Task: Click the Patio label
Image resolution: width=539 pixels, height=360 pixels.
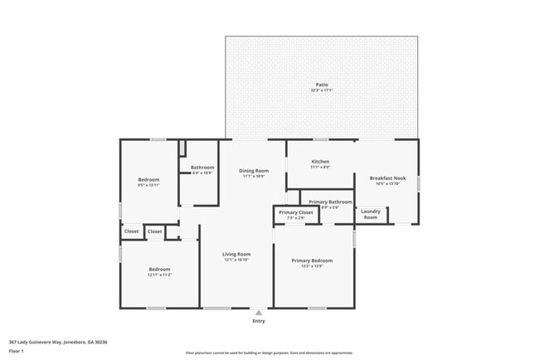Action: click(321, 85)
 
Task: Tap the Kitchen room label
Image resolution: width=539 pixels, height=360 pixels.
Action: click(320, 162)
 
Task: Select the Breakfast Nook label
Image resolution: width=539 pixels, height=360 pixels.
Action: click(387, 178)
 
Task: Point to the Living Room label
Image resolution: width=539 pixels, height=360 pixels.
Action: click(236, 254)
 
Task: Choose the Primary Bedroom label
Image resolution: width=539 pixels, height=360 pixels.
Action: click(311, 260)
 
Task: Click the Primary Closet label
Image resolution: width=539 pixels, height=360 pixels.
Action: click(295, 212)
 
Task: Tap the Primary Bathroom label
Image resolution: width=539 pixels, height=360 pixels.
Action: click(330, 202)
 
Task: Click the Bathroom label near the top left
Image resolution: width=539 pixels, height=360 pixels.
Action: click(202, 168)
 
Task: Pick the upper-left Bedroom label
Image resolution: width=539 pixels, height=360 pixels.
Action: click(148, 179)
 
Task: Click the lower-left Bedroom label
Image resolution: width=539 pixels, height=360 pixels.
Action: click(159, 269)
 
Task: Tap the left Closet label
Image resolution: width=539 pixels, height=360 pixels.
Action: click(132, 231)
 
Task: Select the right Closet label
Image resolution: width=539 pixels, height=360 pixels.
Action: click(155, 231)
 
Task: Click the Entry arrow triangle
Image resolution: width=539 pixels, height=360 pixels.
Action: click(259, 313)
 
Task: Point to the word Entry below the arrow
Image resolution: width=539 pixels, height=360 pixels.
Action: click(259, 321)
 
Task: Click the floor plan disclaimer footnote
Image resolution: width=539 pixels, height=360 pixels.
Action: click(269, 353)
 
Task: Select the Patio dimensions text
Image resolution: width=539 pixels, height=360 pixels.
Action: click(321, 90)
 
